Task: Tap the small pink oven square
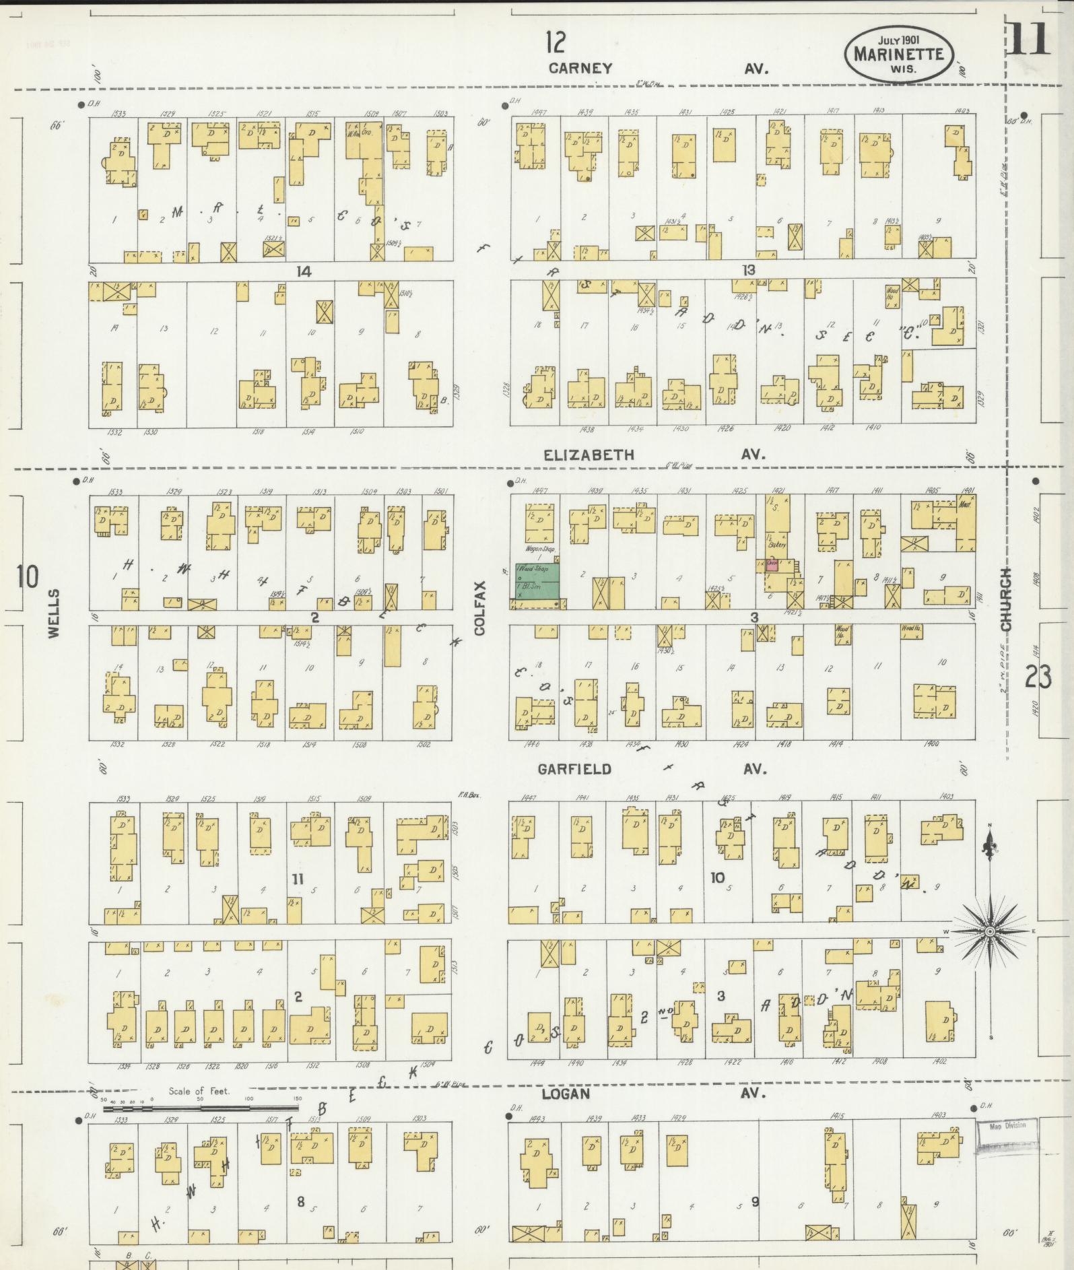[x=773, y=565]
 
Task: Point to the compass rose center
[x=990, y=931]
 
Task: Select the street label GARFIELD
[x=574, y=769]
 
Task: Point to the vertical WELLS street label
[x=54, y=613]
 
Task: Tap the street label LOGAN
[x=566, y=1094]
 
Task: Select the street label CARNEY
[x=580, y=68]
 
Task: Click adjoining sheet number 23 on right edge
[x=1038, y=677]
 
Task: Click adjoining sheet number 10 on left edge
[x=28, y=577]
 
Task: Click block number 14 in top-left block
[x=304, y=271]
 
